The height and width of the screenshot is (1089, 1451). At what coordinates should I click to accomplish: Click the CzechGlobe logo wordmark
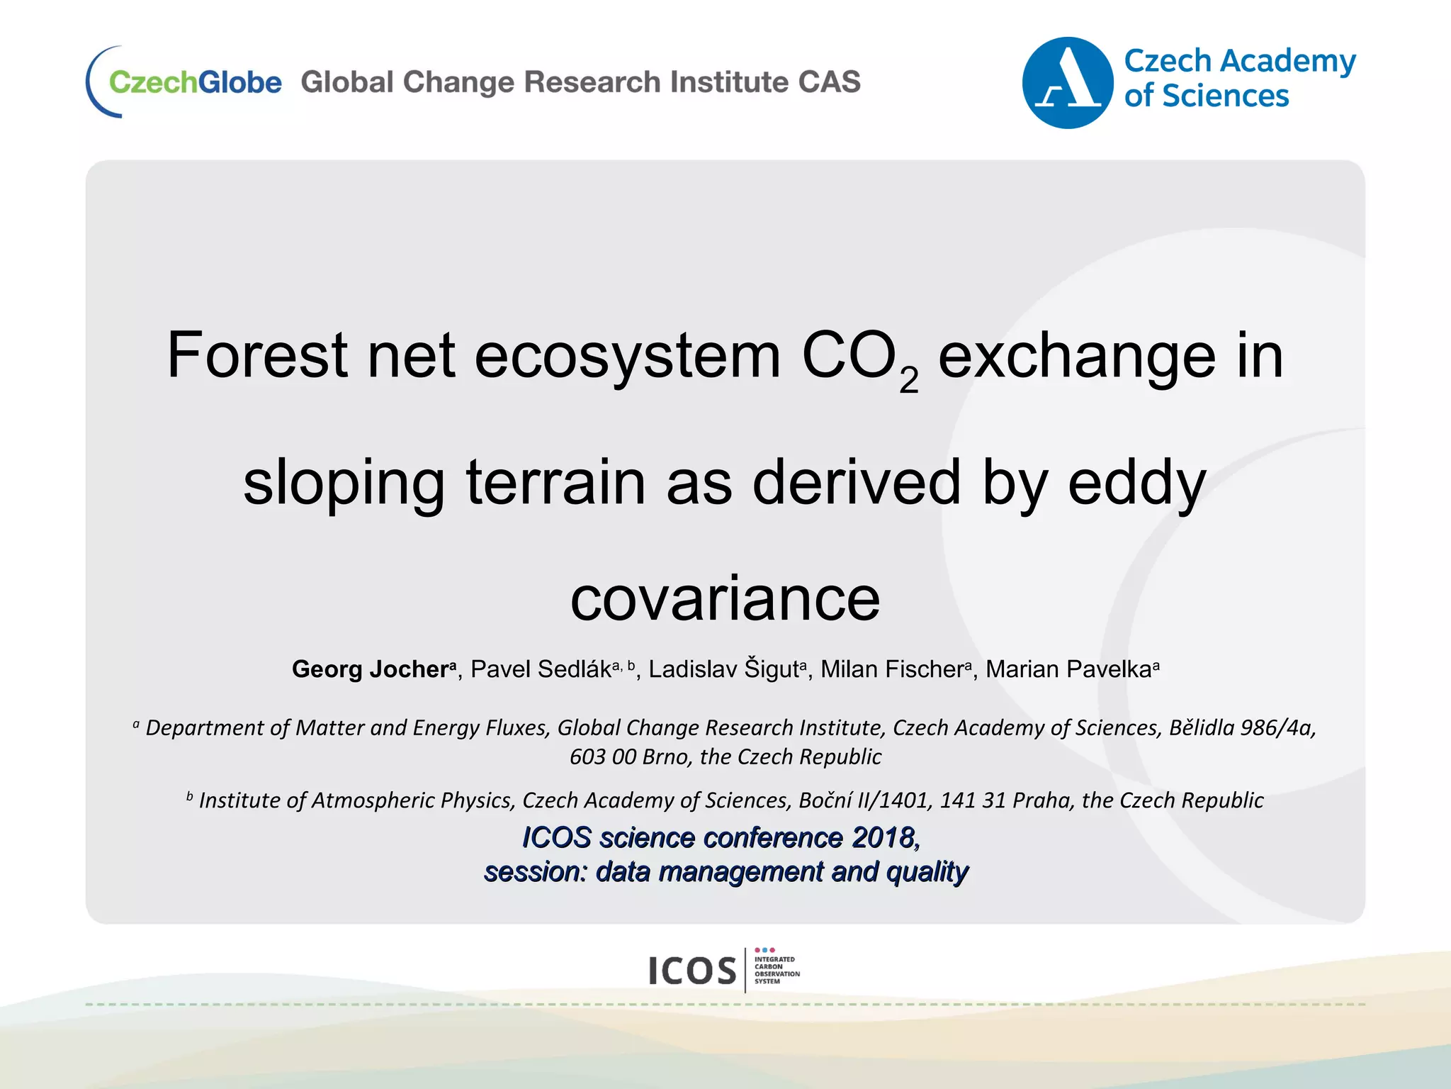[195, 82]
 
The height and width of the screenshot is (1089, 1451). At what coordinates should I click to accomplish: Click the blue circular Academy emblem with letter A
[1067, 83]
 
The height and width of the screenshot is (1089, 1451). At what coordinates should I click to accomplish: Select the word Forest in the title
[256, 355]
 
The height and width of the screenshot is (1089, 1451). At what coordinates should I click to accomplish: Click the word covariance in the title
[725, 598]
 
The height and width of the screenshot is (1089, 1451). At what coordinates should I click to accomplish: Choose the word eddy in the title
[1136, 482]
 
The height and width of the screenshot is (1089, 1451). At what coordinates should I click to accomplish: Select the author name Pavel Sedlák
[541, 669]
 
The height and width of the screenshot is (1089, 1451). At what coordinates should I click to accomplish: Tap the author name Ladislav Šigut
[723, 669]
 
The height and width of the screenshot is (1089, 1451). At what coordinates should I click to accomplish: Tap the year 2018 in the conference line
[883, 838]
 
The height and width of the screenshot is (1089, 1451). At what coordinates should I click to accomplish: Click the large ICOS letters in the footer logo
[692, 971]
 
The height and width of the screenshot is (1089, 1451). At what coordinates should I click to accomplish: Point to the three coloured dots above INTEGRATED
[764, 950]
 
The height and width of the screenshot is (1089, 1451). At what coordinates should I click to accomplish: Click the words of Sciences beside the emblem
[1206, 96]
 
